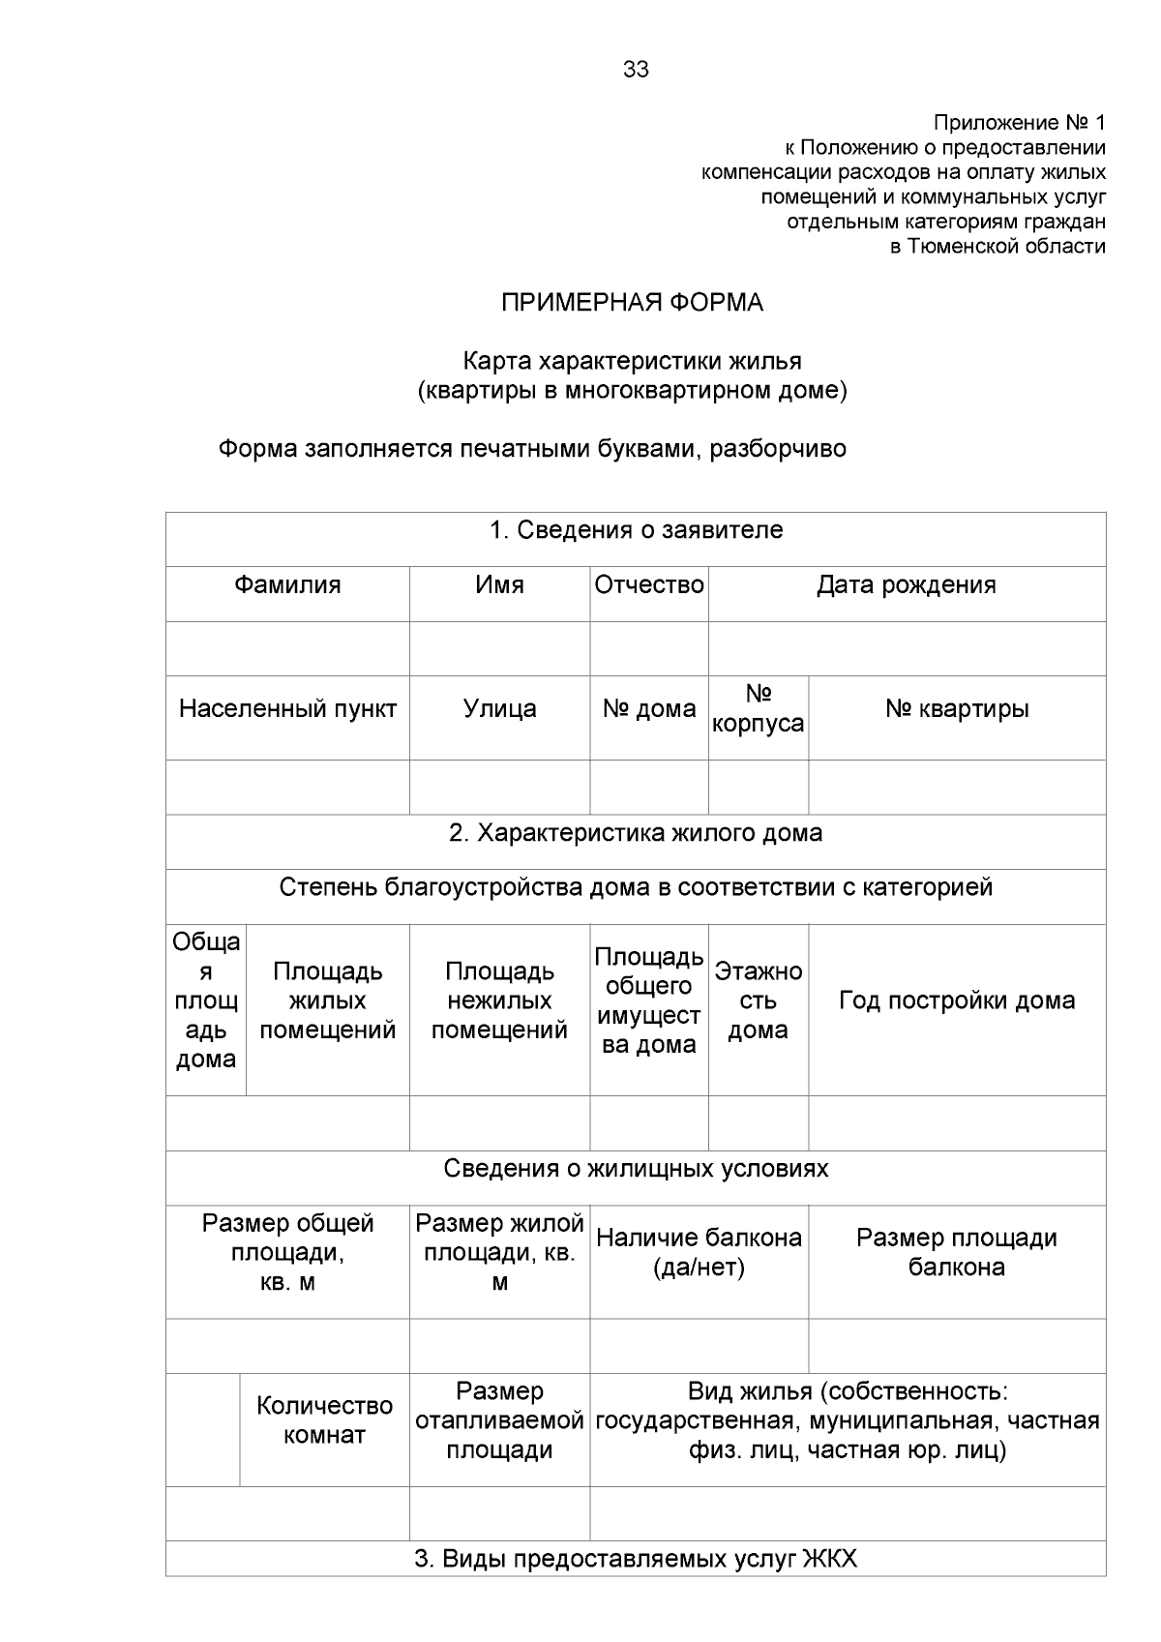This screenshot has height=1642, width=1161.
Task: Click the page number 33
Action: click(x=636, y=70)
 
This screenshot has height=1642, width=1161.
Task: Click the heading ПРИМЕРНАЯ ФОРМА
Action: click(x=632, y=303)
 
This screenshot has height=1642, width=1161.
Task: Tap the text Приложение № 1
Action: click(x=1018, y=123)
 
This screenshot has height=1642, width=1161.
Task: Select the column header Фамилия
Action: click(x=287, y=585)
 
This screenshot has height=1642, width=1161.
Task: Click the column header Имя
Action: click(x=499, y=585)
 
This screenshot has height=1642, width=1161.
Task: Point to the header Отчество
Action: click(x=649, y=585)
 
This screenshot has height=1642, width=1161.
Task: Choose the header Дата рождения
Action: click(x=906, y=585)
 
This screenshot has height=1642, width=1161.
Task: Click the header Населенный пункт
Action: click(x=287, y=709)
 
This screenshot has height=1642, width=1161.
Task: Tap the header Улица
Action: click(x=499, y=709)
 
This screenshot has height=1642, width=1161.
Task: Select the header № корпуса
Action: click(x=759, y=709)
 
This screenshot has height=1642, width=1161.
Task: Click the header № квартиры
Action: click(x=957, y=709)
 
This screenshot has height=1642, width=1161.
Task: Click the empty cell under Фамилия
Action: click(x=287, y=648)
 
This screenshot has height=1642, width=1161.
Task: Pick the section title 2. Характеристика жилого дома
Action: click(x=636, y=833)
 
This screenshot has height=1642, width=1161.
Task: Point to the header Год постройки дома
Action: click(x=957, y=1000)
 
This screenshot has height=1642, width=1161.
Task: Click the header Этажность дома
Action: click(x=759, y=1000)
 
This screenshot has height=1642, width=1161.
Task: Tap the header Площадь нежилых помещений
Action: click(x=499, y=1000)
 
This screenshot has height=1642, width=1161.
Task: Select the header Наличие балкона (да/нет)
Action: click(x=699, y=1252)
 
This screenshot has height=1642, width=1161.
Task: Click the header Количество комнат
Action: click(x=324, y=1419)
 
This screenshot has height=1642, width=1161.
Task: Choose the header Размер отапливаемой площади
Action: click(x=499, y=1420)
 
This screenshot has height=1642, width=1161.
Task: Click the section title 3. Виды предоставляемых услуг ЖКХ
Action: click(x=636, y=1559)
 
